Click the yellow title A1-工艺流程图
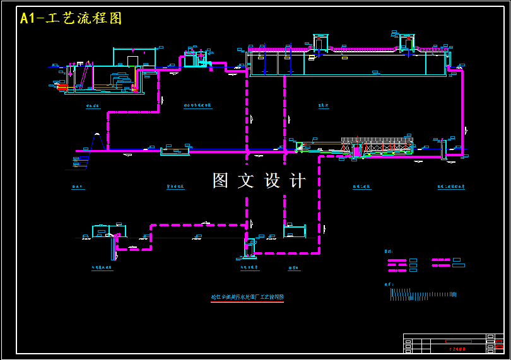pyautogui.click(x=71, y=18)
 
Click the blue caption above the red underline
pyautogui.click(x=247, y=296)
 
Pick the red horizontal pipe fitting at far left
pyautogui.click(x=62, y=87)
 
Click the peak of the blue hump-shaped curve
pyautogui.click(x=97, y=134)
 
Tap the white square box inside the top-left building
pyautogui.click(x=132, y=61)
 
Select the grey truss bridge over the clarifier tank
pyautogui.click(x=377, y=141)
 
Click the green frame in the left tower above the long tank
pyautogui.click(x=320, y=43)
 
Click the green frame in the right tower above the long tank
pyautogui.click(x=407, y=42)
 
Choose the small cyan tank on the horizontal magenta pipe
pyautogui.click(x=175, y=151)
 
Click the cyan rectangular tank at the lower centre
pyautogui.click(x=295, y=231)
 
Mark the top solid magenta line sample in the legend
pyautogui.click(x=397, y=260)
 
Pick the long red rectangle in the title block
pyautogui.click(x=458, y=341)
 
